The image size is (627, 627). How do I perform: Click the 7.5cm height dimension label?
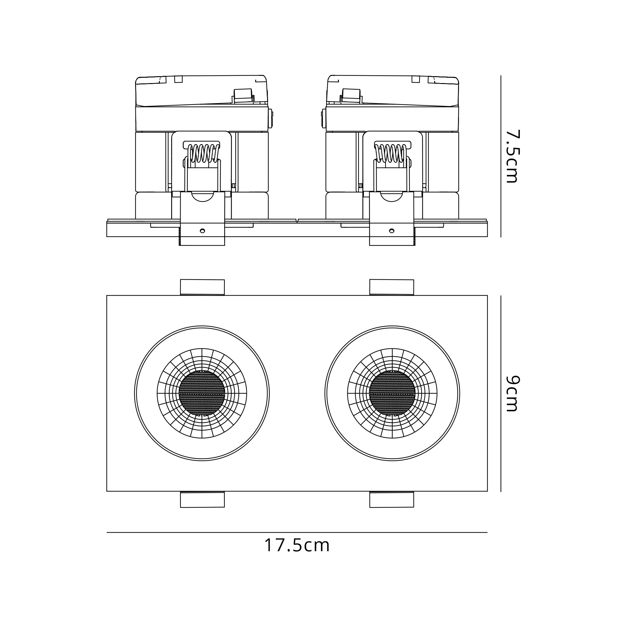[513, 156]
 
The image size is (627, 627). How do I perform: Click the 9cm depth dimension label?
[513, 393]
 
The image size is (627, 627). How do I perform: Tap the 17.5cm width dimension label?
[297, 545]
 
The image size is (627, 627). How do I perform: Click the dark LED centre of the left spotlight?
[202, 393]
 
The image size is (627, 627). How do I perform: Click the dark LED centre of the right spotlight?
[392, 393]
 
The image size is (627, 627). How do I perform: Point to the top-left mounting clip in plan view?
[202, 287]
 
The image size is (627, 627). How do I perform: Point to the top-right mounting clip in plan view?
[392, 287]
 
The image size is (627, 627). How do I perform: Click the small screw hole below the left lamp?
[202, 231]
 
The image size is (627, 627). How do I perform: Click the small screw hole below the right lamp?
[392, 231]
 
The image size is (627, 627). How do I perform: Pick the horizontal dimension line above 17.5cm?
[297, 532]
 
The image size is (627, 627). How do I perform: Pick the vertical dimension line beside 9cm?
[501, 393]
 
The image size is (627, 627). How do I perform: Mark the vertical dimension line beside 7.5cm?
[501, 156]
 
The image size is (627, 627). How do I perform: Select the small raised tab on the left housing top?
[243, 96]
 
